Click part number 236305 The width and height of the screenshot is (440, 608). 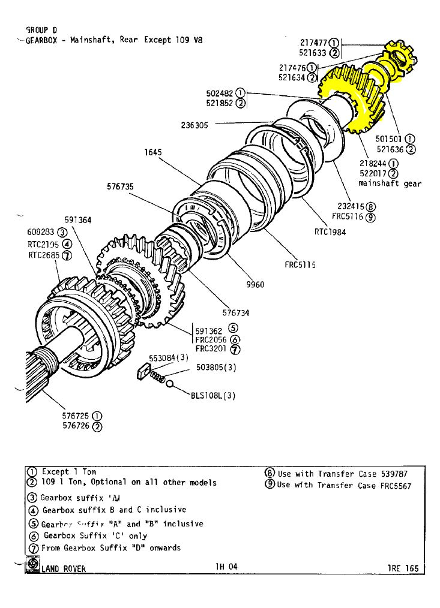pos(194,125)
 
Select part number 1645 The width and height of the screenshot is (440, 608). pos(153,152)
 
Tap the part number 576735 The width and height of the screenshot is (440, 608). pos(120,186)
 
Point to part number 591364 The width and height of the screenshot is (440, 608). pos(77,219)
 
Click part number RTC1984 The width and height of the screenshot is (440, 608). pos(330,232)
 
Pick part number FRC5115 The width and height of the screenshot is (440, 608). pos(300,264)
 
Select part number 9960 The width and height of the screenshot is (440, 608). pos(256,285)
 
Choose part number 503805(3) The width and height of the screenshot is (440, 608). pos(217,368)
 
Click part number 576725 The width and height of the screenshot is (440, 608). pos(77,416)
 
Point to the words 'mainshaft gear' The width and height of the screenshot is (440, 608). pos(390,183)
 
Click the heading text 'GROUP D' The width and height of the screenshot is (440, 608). pos(41,29)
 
